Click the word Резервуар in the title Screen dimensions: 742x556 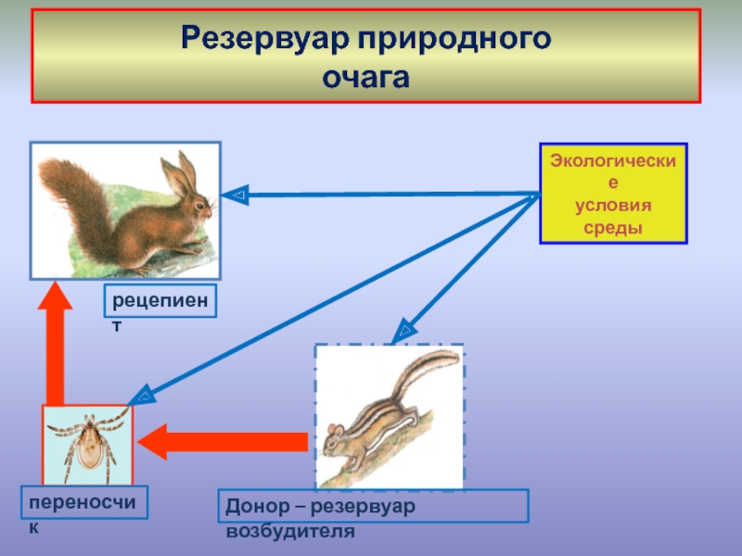point(266,39)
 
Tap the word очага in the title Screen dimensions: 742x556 point(365,79)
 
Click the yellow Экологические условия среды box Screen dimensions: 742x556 point(613,194)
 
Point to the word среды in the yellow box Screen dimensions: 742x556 point(613,228)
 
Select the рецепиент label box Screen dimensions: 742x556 point(160,300)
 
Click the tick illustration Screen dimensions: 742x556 point(88,445)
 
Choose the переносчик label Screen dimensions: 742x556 point(84,502)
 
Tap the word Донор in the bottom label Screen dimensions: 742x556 point(258,507)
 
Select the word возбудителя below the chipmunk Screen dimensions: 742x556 point(290,531)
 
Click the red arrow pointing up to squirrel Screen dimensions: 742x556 point(56,343)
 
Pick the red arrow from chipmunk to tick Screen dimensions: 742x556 point(223,442)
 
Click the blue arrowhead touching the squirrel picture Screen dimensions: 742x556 point(236,195)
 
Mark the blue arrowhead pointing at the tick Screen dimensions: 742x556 point(142,397)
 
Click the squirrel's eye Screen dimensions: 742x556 point(198,207)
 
